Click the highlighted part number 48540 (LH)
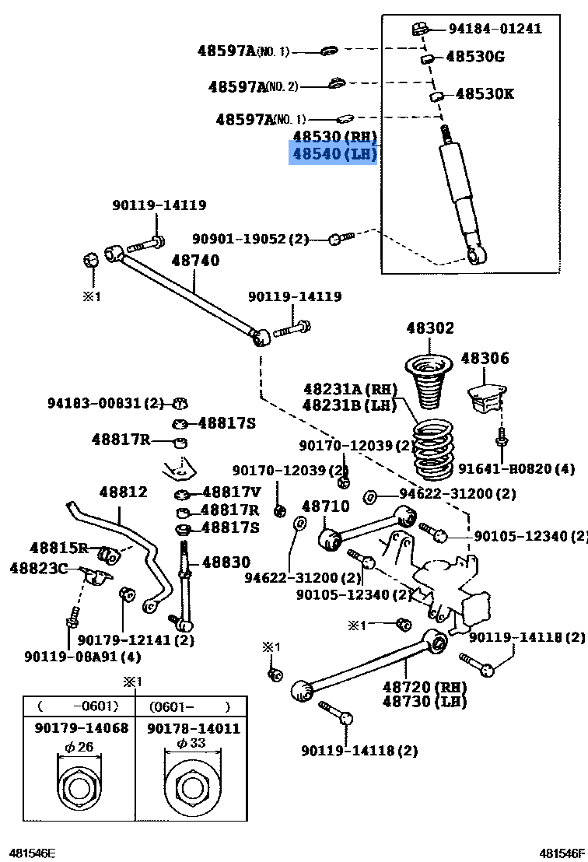pos(334,154)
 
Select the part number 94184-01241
pos(495,29)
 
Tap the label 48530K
pos(484,94)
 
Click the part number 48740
pos(195,261)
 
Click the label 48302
pos(429,328)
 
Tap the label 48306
pos(485,359)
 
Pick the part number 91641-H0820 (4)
pos(516,468)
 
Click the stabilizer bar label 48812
pos(123,492)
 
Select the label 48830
pos(226,562)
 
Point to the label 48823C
pos(39,568)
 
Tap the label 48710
pos(325,506)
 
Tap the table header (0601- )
pos(192,706)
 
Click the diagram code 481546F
pos(564,853)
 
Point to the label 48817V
pos(231,492)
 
